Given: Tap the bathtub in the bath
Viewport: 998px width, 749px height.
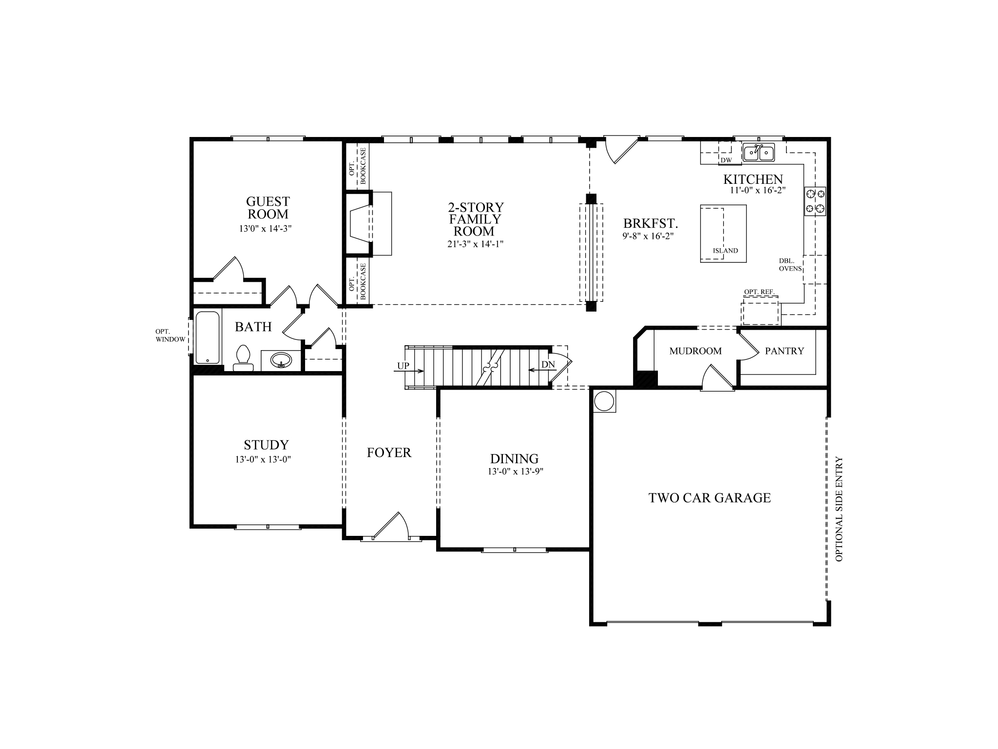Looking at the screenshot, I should point(208,337).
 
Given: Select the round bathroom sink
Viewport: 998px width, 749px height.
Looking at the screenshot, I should point(281,361).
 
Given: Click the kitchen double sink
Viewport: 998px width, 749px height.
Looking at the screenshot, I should point(759,153).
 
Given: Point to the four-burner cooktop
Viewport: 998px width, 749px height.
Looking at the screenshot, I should point(815,201).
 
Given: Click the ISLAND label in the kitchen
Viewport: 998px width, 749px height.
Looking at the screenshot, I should point(725,251).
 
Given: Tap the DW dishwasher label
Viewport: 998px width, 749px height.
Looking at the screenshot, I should point(726,160).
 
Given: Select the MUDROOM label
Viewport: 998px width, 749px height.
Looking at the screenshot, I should point(695,351).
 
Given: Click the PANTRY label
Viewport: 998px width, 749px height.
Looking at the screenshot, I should point(784,351).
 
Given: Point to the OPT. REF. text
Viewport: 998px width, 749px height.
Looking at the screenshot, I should point(759,292).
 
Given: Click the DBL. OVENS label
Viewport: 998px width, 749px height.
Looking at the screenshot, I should point(789,264).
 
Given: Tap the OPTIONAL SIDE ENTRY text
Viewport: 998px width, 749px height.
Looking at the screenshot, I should point(839,509).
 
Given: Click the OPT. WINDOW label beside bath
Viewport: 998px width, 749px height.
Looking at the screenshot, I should point(171,335).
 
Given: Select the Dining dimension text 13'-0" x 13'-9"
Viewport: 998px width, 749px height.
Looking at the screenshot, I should point(515,472).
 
